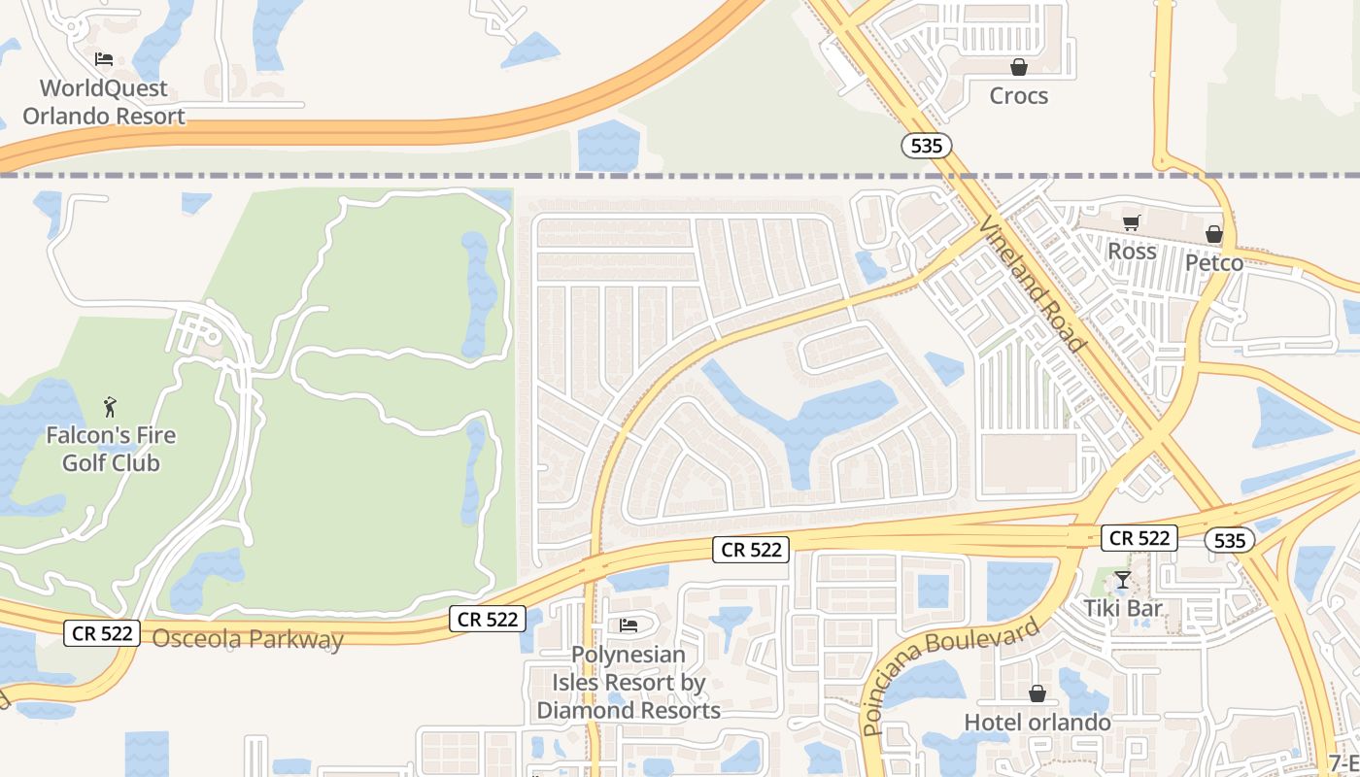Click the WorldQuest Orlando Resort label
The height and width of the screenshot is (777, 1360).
click(104, 102)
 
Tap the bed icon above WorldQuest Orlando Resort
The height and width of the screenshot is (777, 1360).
click(104, 59)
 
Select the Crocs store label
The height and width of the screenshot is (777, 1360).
click(1018, 95)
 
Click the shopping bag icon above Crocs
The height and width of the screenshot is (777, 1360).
click(1019, 67)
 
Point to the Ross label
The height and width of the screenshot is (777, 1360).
click(1132, 251)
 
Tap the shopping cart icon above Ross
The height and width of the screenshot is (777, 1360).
click(1131, 222)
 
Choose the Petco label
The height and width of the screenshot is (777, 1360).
click(1213, 262)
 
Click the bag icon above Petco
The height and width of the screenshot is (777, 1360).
click(1213, 234)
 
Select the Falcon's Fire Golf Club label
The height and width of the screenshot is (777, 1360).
click(111, 448)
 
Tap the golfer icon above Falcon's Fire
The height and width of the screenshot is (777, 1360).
click(110, 406)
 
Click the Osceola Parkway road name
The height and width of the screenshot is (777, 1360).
click(248, 639)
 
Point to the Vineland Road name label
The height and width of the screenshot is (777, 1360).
click(1032, 283)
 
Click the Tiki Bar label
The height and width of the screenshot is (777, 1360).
click(1123, 609)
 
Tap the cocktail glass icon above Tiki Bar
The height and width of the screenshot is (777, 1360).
click(1123, 581)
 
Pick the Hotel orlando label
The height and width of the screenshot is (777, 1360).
click(1037, 723)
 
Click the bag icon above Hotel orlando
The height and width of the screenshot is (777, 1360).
click(1037, 694)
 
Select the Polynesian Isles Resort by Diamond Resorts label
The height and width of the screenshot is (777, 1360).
click(629, 683)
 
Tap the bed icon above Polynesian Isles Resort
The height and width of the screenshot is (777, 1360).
click(629, 625)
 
